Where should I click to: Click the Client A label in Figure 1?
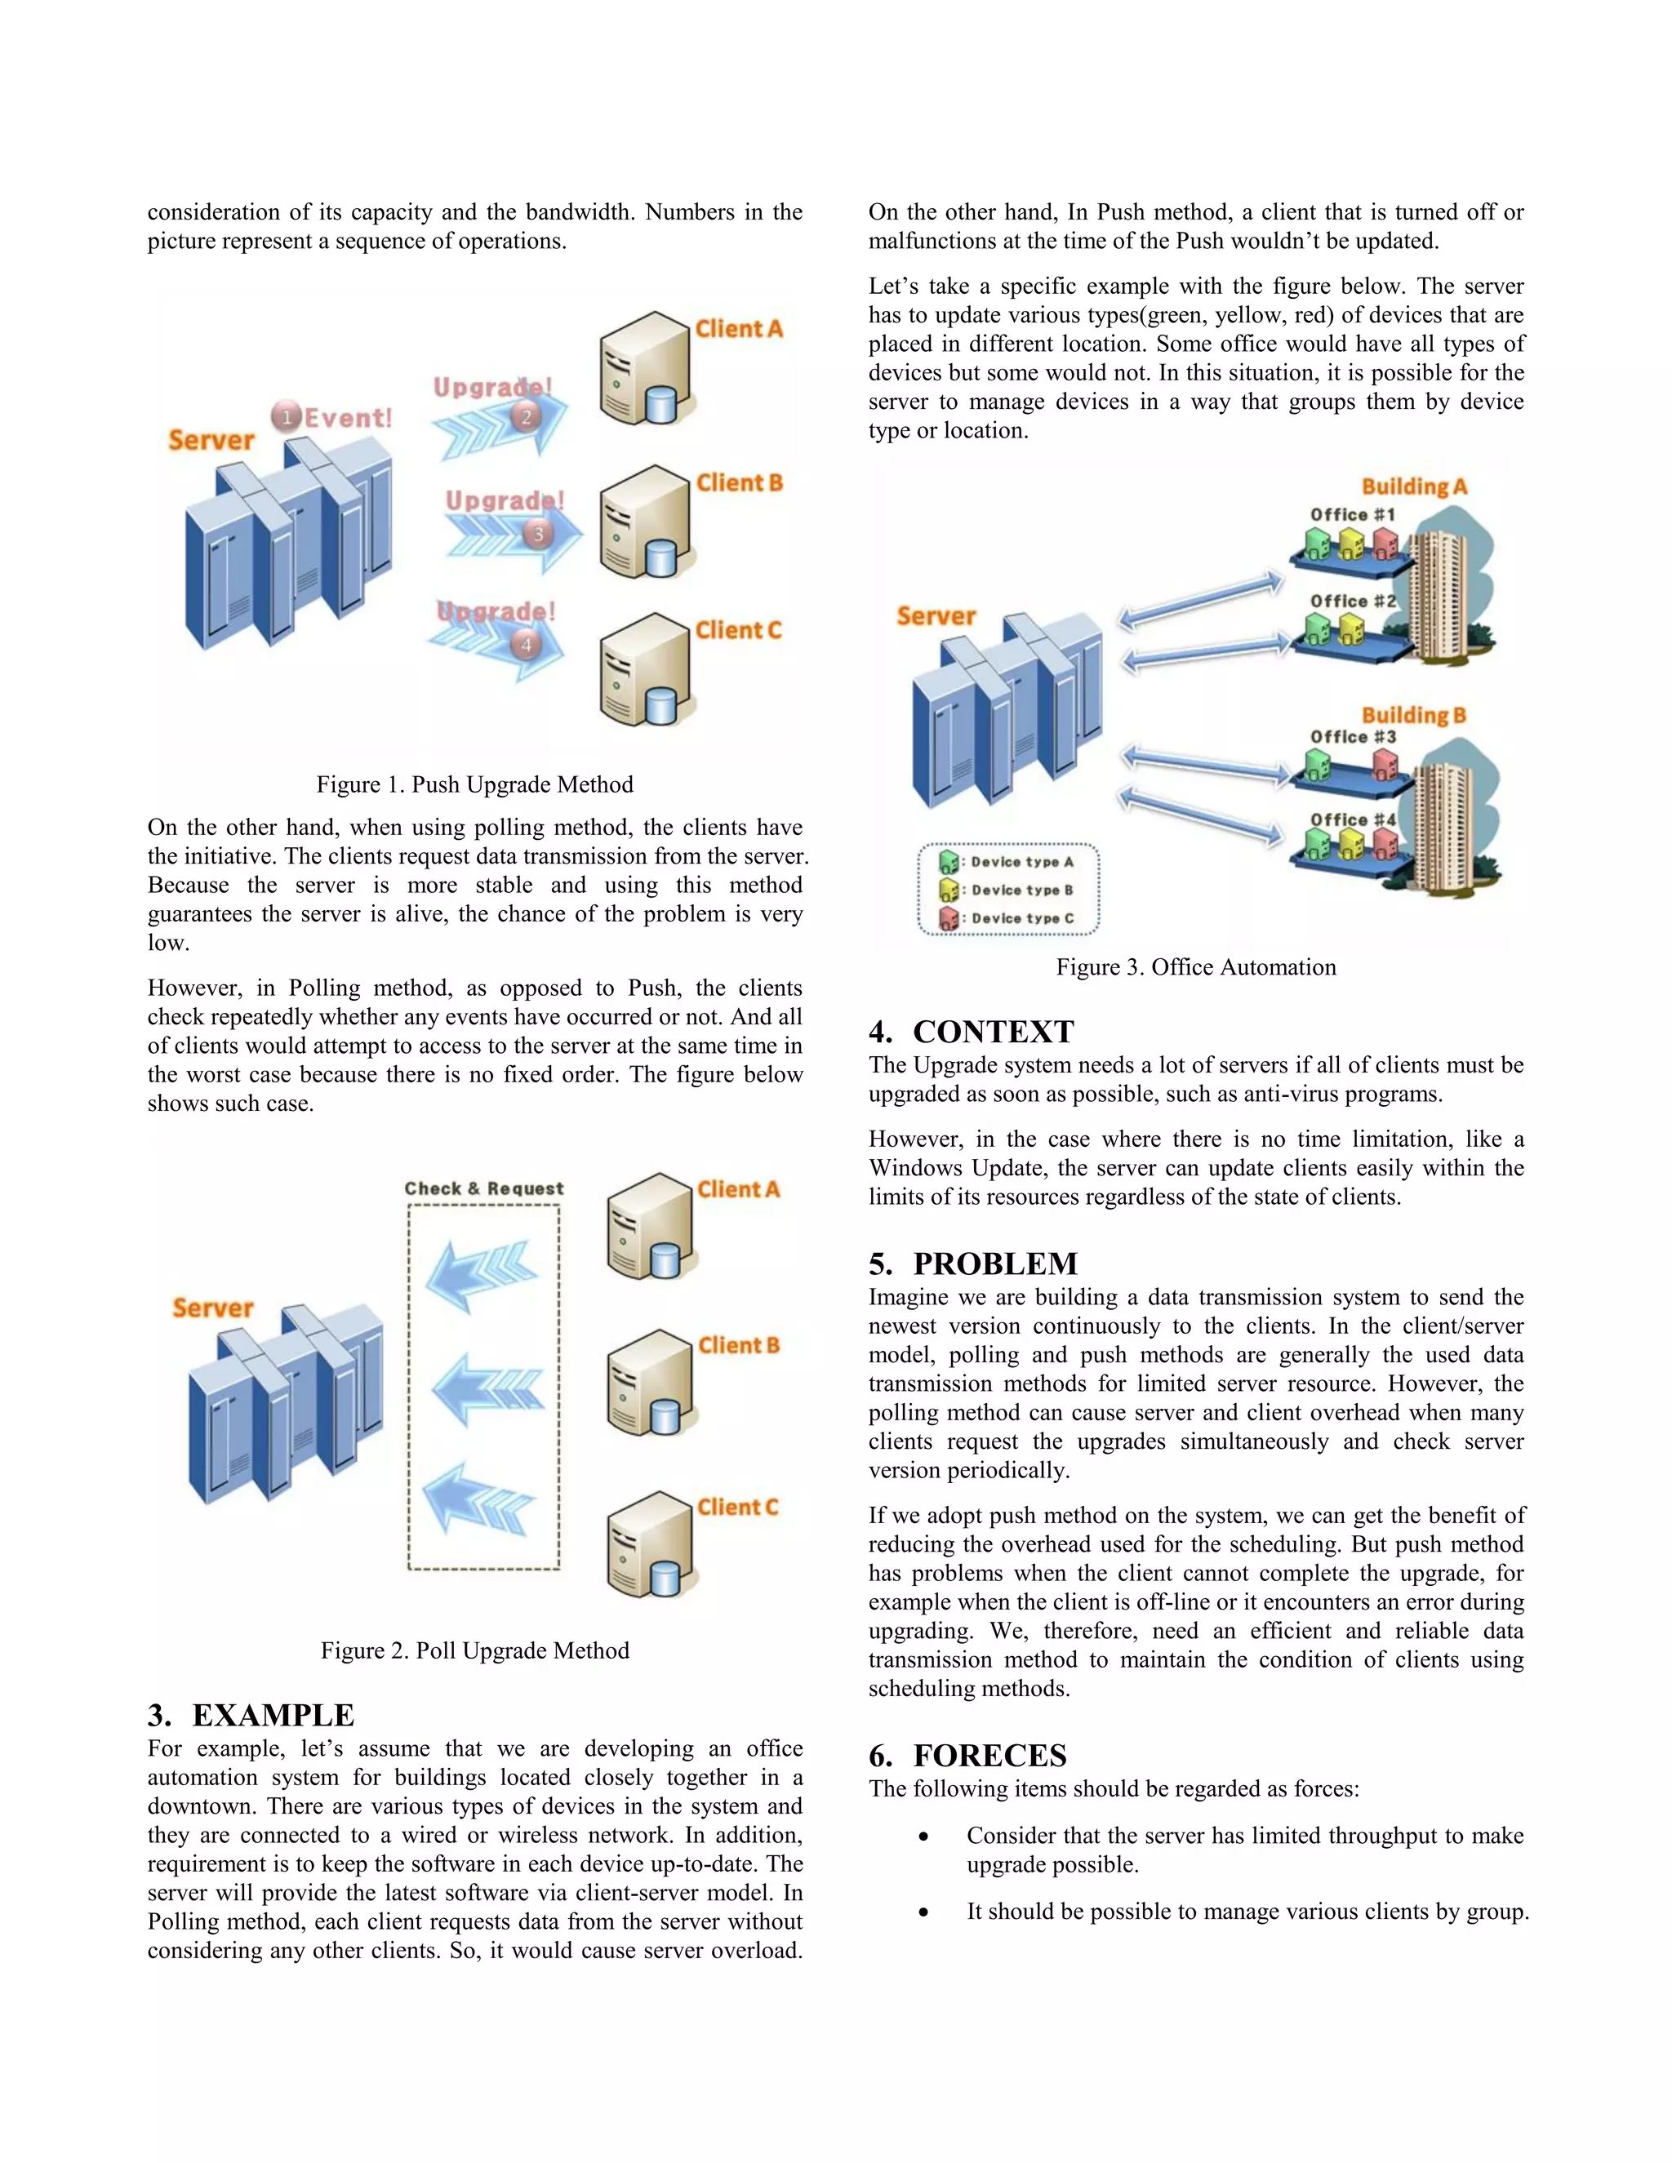coord(738,329)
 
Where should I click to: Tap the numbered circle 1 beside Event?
coord(287,417)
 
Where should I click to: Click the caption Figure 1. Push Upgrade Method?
coord(474,784)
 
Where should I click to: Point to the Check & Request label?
coord(483,1188)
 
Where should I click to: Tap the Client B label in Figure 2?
coord(738,1345)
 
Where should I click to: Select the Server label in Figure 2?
coord(213,1308)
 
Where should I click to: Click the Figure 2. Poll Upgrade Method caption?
coord(474,1650)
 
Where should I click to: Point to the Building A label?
coord(1413,486)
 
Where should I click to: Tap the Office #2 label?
coord(1352,602)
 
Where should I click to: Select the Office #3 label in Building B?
coord(1352,737)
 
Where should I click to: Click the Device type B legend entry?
coord(1021,890)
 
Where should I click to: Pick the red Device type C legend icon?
coord(948,918)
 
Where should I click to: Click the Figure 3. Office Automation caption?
coord(1195,966)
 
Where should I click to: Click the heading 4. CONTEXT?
coord(971,1032)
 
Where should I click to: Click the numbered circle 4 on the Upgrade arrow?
coord(526,645)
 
